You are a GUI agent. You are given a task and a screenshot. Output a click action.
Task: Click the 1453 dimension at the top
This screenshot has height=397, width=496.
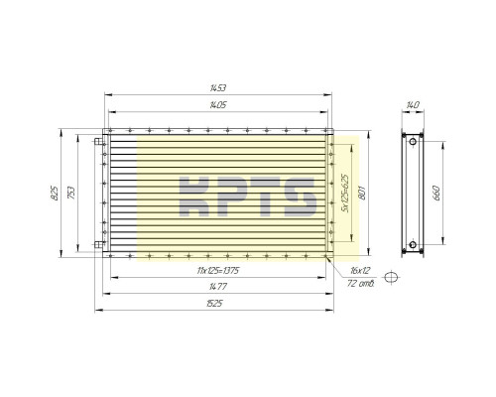click(x=218, y=88)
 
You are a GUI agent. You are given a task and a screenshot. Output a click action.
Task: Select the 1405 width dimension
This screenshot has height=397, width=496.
click(x=218, y=105)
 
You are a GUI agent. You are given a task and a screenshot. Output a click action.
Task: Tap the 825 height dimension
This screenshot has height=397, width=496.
click(x=55, y=194)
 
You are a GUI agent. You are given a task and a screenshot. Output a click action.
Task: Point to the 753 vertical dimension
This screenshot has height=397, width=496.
click(x=71, y=194)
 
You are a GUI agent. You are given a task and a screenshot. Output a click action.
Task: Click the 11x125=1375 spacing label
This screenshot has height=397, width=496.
click(x=218, y=271)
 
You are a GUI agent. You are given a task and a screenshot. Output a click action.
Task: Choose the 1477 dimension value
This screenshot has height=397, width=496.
click(x=218, y=287)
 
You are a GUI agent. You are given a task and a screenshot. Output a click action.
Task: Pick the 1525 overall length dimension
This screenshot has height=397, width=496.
click(x=214, y=304)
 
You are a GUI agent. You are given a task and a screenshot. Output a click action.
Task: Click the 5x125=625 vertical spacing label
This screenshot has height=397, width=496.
click(x=345, y=193)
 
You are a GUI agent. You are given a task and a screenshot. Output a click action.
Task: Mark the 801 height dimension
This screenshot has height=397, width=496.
click(x=362, y=193)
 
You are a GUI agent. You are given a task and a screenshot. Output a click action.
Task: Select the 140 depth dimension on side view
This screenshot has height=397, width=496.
click(x=413, y=105)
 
